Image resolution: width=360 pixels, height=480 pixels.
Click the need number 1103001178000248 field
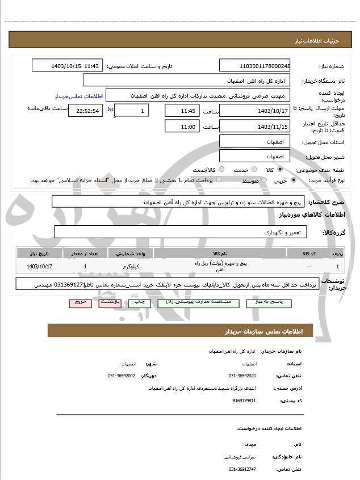click(x=255, y=66)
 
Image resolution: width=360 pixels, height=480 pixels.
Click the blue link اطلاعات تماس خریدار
click(x=77, y=96)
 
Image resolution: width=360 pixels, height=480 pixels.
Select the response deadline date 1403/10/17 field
click(x=255, y=110)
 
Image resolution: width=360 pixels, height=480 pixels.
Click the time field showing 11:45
click(x=182, y=110)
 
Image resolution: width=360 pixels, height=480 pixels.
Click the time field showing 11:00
click(x=182, y=126)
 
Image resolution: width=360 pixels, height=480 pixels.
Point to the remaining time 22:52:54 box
click(x=85, y=111)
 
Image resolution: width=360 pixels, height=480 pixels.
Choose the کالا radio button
click(x=279, y=169)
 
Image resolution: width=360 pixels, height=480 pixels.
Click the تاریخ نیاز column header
click(x=40, y=253)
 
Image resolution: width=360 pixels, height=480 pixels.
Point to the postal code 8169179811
click(x=244, y=401)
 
